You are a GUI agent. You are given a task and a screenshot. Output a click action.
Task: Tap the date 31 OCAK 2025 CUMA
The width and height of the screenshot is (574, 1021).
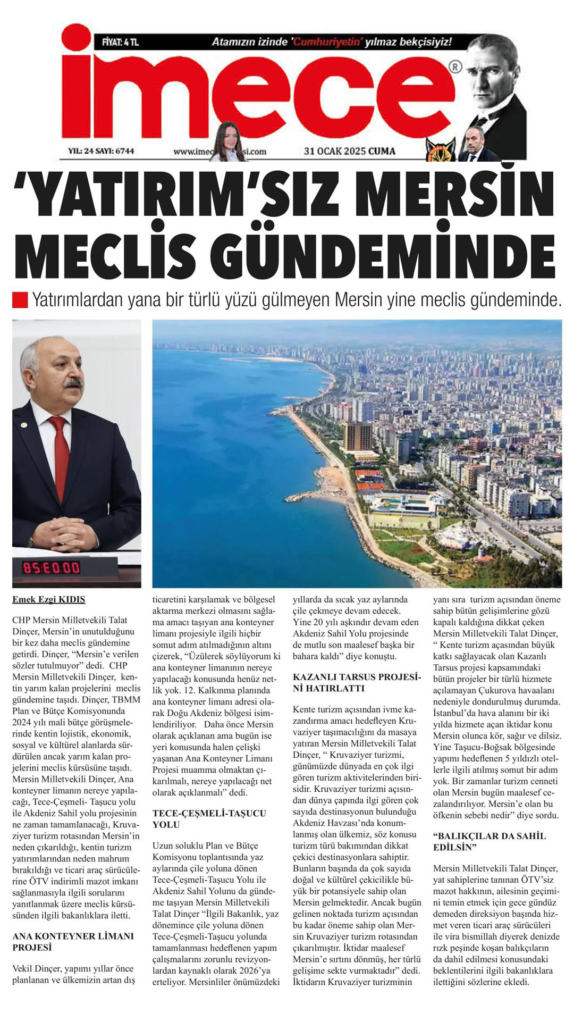tap(349, 151)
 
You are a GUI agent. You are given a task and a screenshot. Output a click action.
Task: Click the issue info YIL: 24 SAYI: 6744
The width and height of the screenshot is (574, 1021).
tap(101, 151)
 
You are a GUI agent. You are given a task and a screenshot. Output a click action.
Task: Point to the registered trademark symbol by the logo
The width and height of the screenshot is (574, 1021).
tap(455, 67)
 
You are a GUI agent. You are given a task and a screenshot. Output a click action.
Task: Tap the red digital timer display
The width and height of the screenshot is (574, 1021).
tap(51, 568)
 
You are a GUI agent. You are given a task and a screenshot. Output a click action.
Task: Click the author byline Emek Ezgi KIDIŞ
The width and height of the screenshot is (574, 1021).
tap(48, 599)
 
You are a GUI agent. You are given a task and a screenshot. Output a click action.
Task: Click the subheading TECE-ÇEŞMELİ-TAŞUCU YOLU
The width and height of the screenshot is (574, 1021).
tap(209, 819)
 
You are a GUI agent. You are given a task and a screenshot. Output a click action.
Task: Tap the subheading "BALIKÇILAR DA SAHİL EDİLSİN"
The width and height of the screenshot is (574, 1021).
tap(489, 841)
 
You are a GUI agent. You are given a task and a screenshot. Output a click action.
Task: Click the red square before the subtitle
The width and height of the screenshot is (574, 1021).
tap(20, 299)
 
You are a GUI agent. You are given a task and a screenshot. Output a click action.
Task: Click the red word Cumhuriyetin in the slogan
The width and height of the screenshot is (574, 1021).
tap(327, 42)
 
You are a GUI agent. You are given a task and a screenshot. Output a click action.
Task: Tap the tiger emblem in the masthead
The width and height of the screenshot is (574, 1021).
tap(441, 149)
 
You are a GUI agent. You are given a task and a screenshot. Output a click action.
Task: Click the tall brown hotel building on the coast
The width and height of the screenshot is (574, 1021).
tap(358, 436)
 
